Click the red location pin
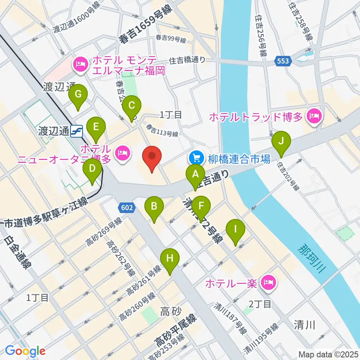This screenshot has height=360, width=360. click(x=152, y=159)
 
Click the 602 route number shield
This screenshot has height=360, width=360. click(x=126, y=207)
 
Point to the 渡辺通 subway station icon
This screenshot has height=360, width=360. click(x=77, y=130)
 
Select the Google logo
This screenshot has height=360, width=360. click(x=25, y=351)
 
